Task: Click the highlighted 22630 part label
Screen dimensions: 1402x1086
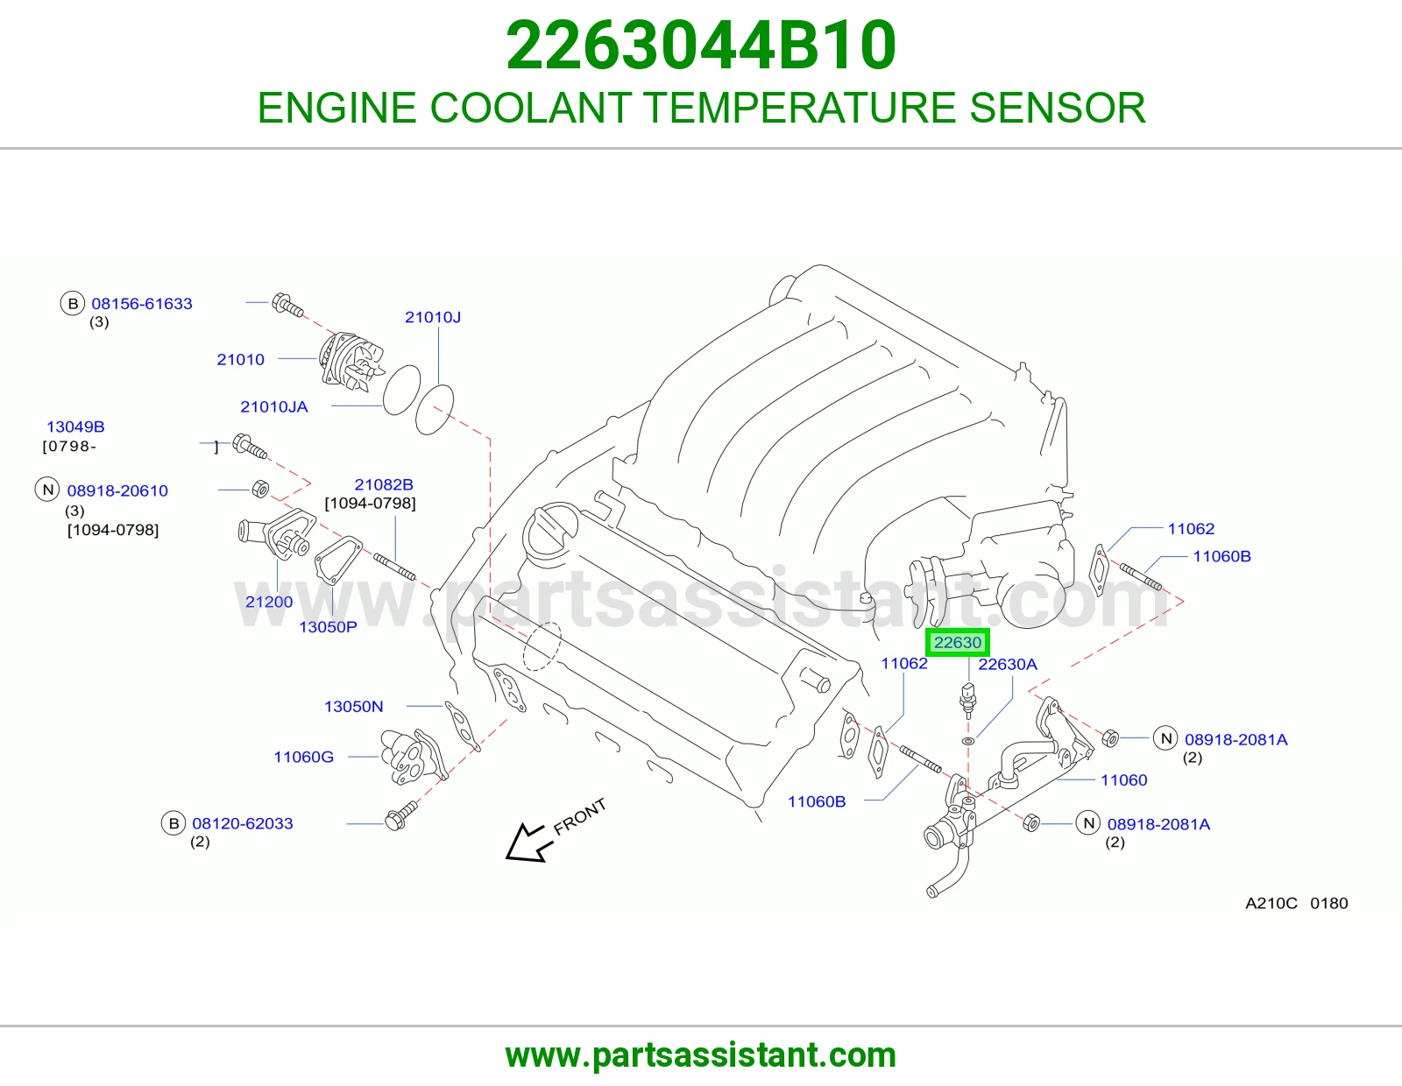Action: pos(958,643)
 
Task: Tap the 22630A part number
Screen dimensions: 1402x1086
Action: pos(1008,664)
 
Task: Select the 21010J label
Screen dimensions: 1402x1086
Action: pos(433,317)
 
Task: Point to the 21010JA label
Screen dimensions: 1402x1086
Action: pos(274,407)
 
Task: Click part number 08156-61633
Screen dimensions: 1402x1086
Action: pos(142,304)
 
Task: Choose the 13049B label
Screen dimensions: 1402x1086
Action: pos(75,427)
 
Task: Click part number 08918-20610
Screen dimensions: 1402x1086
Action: pos(117,490)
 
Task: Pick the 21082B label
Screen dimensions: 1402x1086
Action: pos(384,484)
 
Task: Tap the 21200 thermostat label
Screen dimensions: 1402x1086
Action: pos(269,602)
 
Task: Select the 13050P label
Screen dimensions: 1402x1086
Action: pos(328,627)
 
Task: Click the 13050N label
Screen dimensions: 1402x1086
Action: pos(353,707)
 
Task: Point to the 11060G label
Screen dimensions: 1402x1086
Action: pos(304,757)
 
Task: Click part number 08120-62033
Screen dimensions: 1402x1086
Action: pos(243,823)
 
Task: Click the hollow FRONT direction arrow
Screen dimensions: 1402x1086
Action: pos(528,843)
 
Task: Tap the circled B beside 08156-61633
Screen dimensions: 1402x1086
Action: pos(73,304)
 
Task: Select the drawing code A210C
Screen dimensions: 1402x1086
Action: pos(1271,904)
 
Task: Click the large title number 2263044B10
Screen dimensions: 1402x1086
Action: pos(701,46)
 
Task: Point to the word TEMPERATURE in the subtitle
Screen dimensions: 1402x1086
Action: pos(800,108)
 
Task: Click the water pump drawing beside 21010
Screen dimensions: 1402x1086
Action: pos(351,361)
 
